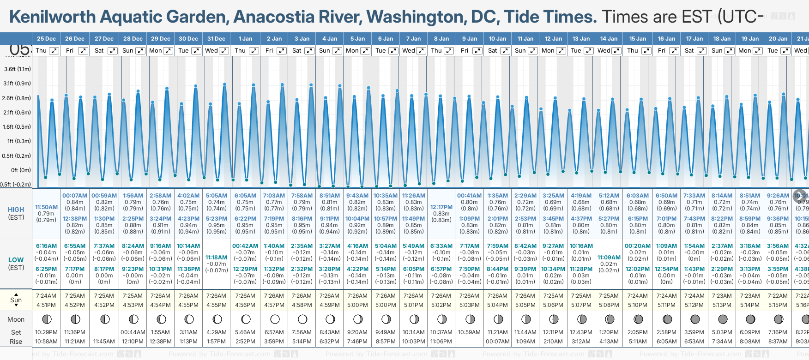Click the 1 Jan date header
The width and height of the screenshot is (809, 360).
click(245, 39)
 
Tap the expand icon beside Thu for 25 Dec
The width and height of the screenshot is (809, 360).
click(54, 51)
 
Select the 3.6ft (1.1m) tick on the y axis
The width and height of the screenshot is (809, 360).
click(17, 69)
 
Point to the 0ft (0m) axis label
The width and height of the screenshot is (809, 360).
click(21, 170)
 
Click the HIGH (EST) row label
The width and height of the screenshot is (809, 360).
click(16, 213)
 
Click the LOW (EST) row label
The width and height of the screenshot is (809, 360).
click(16, 264)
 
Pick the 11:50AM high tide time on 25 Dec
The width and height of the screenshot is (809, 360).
click(46, 207)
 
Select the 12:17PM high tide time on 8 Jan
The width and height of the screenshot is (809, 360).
click(441, 207)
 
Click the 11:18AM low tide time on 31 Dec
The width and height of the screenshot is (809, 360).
click(216, 258)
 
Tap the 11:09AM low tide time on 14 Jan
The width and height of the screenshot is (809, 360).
click(609, 258)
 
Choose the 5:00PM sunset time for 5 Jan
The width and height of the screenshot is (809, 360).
click(357, 305)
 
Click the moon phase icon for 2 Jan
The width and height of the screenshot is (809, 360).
click(275, 319)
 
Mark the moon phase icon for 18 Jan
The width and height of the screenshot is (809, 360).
click(723, 319)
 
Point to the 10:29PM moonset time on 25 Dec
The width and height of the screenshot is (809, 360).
click(46, 332)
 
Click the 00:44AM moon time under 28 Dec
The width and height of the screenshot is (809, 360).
click(133, 332)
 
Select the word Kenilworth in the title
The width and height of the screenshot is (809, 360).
click(53, 17)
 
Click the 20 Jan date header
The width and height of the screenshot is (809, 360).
click(778, 39)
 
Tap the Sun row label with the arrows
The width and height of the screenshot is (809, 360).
click(16, 300)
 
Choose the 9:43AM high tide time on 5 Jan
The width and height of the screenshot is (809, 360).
click(357, 196)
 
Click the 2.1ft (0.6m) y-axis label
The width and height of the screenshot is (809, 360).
click(17, 113)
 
